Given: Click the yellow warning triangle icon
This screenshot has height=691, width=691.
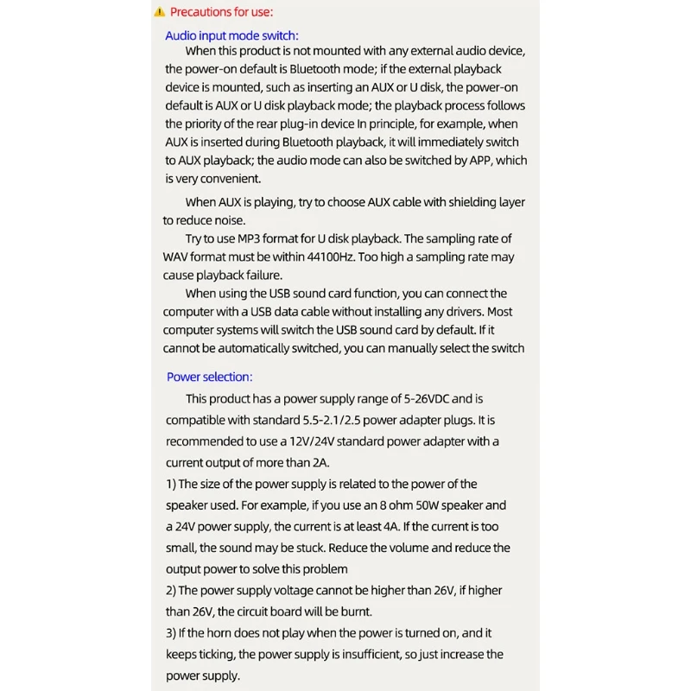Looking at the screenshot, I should (159, 12).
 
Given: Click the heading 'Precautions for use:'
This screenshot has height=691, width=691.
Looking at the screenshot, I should (221, 12).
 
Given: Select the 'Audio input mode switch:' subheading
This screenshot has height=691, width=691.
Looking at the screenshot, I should (231, 35).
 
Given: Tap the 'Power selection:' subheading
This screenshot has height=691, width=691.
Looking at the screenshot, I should (209, 377).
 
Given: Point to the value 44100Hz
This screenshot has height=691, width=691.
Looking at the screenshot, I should (333, 257).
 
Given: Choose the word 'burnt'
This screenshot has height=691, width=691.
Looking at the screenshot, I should (353, 612).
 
